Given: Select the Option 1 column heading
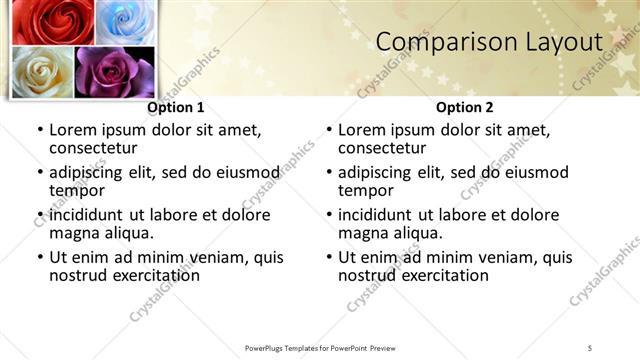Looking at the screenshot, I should point(176,107).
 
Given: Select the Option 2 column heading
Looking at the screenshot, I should point(464,107).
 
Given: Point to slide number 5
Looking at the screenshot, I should point(590,347).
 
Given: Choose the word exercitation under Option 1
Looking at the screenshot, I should point(154,275).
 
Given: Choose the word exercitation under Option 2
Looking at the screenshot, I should point(443,275).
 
